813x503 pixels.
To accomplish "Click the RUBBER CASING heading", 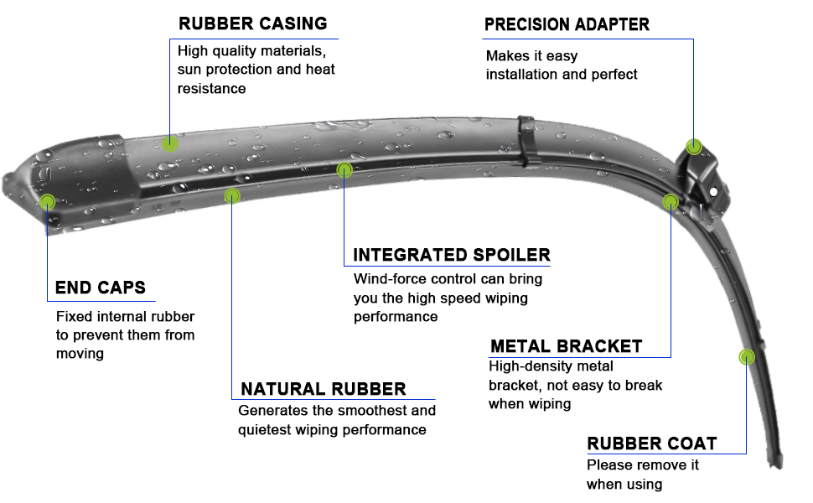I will [252, 23].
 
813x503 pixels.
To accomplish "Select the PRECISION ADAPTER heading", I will [567, 24].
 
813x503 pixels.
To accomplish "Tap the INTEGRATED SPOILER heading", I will [451, 255].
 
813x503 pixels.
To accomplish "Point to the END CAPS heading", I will [100, 288].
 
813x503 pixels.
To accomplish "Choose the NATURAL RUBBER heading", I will [323, 389].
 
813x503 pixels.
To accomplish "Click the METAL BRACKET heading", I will [566, 346].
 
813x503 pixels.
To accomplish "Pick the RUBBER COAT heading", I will [651, 443].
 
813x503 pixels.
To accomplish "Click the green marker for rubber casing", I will [170, 143].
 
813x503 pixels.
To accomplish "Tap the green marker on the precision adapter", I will [694, 147].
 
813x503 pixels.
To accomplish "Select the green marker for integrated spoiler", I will [344, 170].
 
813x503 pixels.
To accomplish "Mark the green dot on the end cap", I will [48, 201].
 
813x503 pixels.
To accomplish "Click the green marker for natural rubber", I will [232, 195].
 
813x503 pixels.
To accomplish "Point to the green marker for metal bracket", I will [671, 201].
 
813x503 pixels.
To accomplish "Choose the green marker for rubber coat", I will [745, 357].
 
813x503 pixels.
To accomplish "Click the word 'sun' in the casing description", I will [190, 70].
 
